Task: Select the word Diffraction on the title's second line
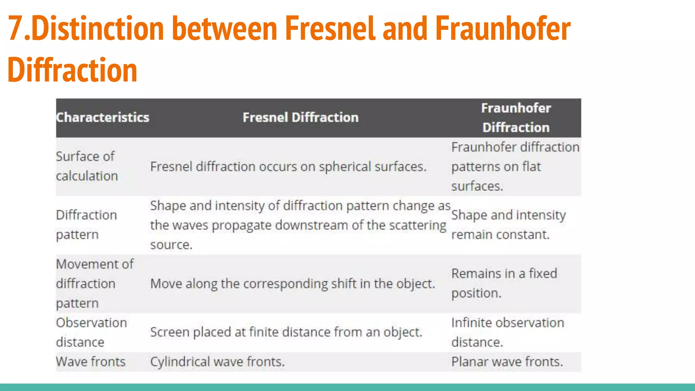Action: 72,70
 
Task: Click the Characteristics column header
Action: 102,117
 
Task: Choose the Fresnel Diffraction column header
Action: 300,117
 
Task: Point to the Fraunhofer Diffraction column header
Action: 516,117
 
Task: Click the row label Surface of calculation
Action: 87,166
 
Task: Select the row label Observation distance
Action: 91,332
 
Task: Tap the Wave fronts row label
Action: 91,362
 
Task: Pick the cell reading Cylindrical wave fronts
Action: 217,362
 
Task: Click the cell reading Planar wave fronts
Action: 507,362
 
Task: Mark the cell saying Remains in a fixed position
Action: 504,283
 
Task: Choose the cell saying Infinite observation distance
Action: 507,332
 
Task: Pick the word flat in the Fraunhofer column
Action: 531,167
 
